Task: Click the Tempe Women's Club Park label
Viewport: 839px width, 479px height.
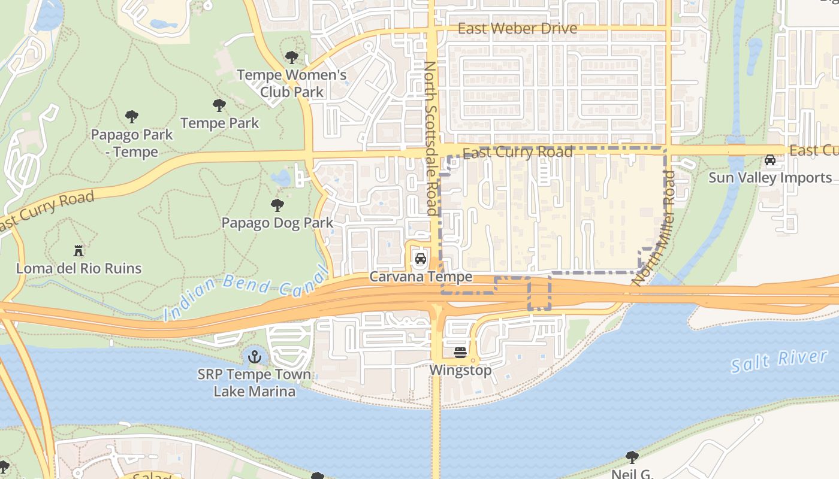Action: [x=292, y=83]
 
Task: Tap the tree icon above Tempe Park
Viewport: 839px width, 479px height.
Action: [x=219, y=106]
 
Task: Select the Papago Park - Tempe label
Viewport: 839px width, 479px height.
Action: [x=132, y=143]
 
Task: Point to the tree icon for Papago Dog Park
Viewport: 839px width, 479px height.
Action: [x=277, y=206]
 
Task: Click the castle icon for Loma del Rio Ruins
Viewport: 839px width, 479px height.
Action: [x=79, y=250]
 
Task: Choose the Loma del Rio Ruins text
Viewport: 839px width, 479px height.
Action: [x=79, y=268]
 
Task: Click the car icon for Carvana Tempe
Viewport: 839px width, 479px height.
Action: [x=421, y=259]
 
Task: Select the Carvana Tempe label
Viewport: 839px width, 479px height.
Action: [x=421, y=277]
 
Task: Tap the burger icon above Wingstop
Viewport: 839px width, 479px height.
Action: [x=460, y=353]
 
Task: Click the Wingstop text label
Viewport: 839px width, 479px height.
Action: [x=460, y=370]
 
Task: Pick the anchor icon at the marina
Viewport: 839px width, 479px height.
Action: [x=255, y=357]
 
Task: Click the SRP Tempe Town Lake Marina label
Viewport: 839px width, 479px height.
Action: [x=255, y=383]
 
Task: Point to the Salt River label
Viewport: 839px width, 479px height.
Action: [x=779, y=361]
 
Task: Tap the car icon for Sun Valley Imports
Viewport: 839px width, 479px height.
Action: [x=770, y=160]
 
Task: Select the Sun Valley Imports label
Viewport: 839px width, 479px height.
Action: [x=770, y=177]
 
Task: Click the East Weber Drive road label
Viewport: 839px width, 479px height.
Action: [x=517, y=29]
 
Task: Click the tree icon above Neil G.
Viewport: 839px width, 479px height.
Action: [x=632, y=458]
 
